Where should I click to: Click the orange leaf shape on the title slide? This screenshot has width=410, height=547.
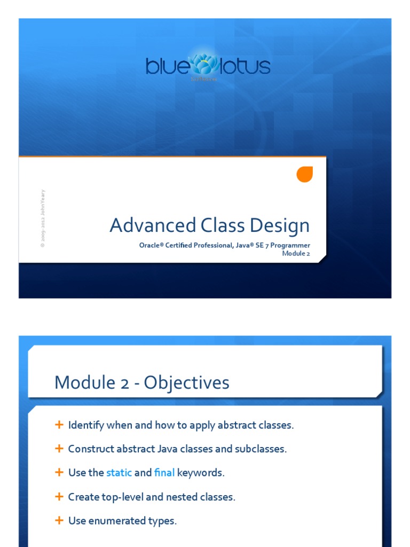click(x=304, y=174)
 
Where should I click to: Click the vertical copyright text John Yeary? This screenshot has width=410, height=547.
click(x=43, y=219)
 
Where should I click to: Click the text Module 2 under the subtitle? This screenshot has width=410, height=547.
click(x=296, y=253)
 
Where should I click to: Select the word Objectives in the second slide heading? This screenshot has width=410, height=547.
click(x=186, y=382)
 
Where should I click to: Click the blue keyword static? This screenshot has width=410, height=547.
click(x=119, y=473)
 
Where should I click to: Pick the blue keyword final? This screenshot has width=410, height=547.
click(x=164, y=473)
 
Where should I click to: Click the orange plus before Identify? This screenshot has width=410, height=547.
click(x=59, y=425)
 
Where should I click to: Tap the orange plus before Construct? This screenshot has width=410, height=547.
click(x=59, y=449)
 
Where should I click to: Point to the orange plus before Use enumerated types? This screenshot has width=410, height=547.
click(x=59, y=520)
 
